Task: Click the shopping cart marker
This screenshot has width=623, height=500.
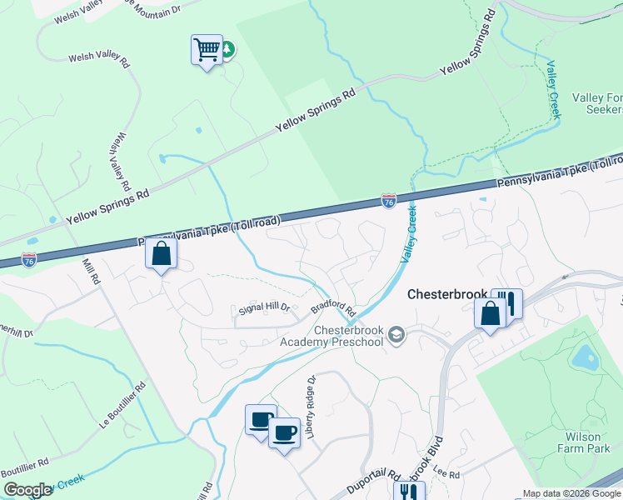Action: click(x=206, y=50)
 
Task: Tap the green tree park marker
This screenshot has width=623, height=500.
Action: click(x=227, y=49)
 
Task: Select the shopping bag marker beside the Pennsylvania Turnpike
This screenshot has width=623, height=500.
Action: click(x=162, y=254)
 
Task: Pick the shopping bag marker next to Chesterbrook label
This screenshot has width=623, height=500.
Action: click(x=490, y=314)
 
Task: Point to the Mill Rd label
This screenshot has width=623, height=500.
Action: click(x=91, y=270)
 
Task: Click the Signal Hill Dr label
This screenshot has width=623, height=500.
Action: click(x=263, y=307)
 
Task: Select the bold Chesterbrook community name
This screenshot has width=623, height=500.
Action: click(x=448, y=295)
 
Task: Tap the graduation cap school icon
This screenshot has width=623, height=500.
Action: click(x=397, y=335)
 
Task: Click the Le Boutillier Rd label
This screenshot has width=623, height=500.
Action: click(x=122, y=407)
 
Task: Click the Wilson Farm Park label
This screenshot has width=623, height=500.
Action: click(x=588, y=442)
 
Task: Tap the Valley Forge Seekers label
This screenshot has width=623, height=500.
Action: click(x=597, y=103)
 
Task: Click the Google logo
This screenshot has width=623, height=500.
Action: click(x=27, y=490)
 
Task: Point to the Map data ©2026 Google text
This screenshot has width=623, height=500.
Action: click(x=571, y=493)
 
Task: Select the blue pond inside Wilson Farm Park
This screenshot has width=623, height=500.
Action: click(x=585, y=357)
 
